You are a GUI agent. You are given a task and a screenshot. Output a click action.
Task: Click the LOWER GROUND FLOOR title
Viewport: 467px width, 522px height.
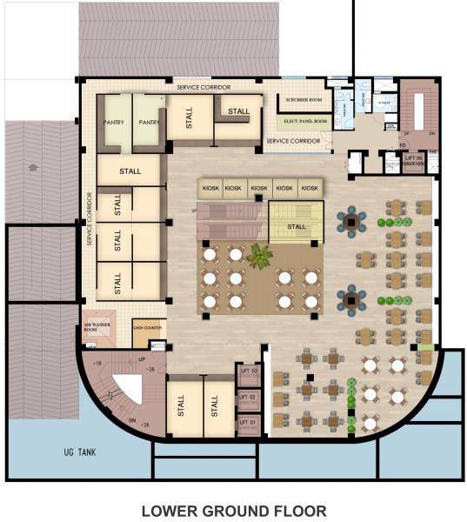click(234, 509)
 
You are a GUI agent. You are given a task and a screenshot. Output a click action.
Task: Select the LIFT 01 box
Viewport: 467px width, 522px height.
click(250, 423)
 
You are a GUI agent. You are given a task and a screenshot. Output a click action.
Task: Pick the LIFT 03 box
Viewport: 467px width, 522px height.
click(250, 372)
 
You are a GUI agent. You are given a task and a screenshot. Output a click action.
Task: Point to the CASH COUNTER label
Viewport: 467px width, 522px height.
click(148, 328)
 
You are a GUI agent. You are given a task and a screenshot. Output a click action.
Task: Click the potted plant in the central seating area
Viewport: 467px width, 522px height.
click(259, 257)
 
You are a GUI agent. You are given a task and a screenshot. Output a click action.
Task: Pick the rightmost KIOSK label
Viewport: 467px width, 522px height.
click(310, 188)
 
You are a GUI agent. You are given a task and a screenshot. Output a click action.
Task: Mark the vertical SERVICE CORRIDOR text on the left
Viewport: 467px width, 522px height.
click(89, 218)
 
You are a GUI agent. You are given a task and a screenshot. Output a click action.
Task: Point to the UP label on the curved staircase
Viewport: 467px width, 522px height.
click(141, 358)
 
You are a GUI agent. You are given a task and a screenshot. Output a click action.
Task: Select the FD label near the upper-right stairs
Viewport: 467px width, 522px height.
click(403, 145)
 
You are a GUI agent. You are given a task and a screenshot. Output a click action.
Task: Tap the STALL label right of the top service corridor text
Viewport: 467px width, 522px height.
click(238, 110)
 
